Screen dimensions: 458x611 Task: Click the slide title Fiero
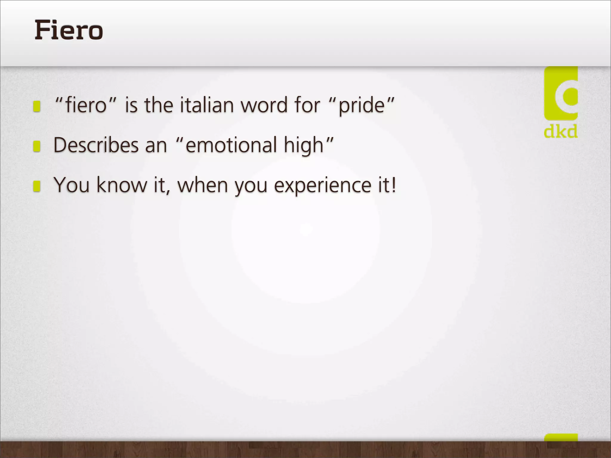(x=69, y=30)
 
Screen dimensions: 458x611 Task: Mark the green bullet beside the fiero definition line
(x=37, y=106)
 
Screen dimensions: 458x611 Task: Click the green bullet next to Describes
(x=37, y=146)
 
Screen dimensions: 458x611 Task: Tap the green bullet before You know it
(x=37, y=186)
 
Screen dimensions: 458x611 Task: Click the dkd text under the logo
(x=561, y=131)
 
